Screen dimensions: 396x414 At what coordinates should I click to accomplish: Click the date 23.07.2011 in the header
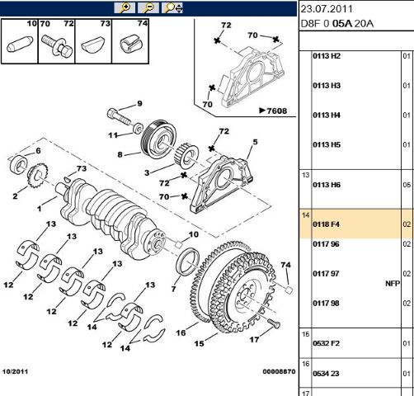(327, 10)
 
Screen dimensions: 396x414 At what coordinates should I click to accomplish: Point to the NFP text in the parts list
(393, 283)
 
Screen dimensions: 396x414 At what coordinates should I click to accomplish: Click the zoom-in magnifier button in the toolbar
(125, 7)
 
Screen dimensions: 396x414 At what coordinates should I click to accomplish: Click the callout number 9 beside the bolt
(139, 103)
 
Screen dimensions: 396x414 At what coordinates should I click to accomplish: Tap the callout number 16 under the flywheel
(180, 333)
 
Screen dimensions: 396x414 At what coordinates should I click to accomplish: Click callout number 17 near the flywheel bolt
(255, 339)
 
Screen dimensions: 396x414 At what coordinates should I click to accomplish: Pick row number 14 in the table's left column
(305, 215)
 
